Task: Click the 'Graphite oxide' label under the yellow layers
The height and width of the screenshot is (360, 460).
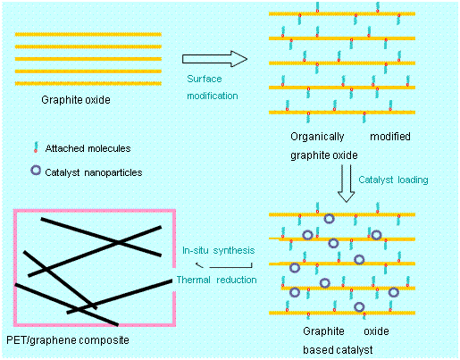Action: [76, 100]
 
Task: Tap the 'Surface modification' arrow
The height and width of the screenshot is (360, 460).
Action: [214, 59]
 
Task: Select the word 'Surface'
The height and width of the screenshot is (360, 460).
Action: [205, 79]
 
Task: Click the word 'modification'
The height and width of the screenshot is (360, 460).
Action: [213, 96]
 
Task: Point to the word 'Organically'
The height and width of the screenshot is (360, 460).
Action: [317, 137]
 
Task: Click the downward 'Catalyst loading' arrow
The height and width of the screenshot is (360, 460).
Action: [346, 183]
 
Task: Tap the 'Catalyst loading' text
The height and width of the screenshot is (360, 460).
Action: [393, 180]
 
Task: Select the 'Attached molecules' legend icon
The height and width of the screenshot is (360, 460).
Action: [36, 147]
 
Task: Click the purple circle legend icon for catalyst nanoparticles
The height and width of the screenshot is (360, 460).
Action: [36, 171]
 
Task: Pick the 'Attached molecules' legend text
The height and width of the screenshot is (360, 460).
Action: [88, 148]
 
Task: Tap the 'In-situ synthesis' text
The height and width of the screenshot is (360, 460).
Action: [219, 250]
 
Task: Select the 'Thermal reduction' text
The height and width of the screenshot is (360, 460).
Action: [216, 280]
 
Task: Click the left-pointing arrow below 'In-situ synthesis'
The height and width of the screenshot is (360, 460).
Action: [224, 265]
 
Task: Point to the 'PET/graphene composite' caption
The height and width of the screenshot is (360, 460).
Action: [68, 340]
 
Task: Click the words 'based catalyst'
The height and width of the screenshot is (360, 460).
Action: [338, 350]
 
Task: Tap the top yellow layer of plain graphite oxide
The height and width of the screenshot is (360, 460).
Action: [88, 35]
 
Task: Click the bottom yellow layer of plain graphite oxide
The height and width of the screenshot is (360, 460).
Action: [88, 84]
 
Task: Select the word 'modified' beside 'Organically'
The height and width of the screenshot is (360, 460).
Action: [390, 137]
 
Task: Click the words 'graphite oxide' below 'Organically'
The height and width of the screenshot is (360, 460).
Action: [324, 155]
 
